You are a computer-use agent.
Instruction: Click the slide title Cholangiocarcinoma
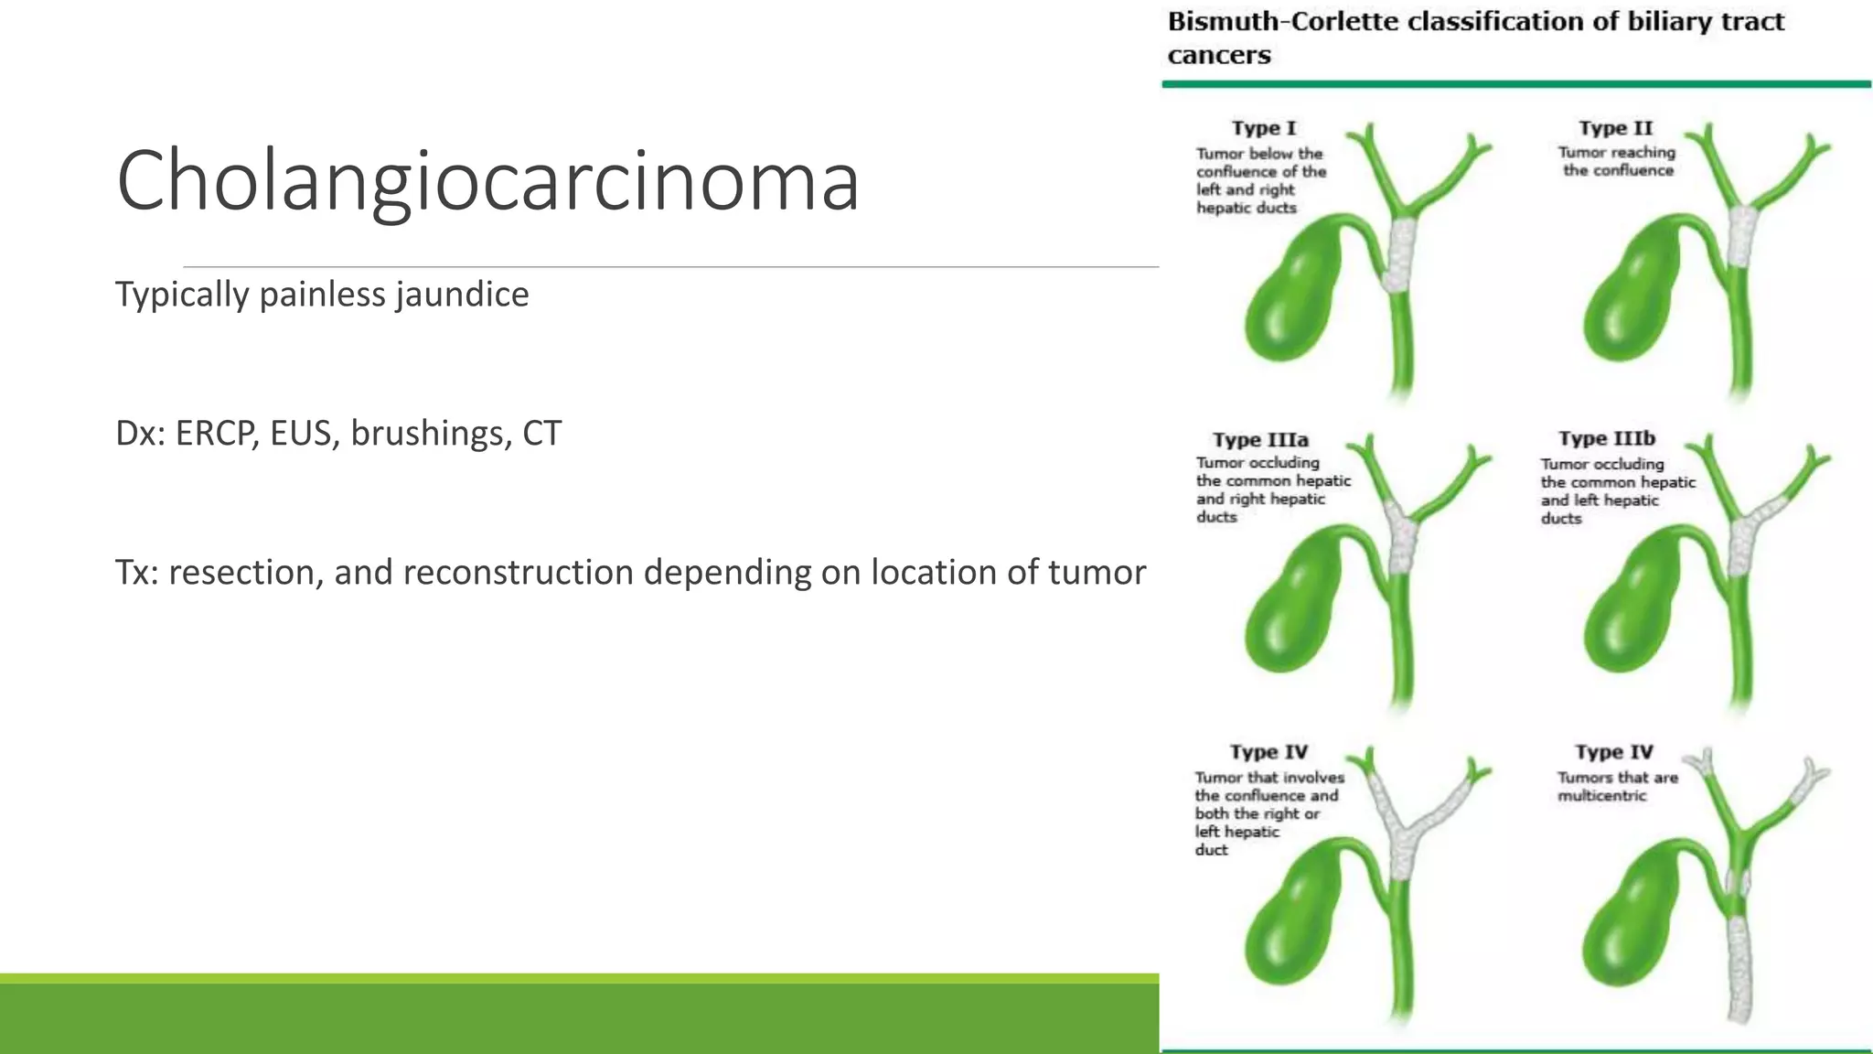point(487,181)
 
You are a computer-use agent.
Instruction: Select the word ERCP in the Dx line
point(217,434)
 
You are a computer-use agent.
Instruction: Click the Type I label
point(1263,128)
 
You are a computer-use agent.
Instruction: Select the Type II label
point(1615,128)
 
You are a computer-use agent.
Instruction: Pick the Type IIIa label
point(1260,440)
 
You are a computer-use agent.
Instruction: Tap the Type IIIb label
point(1607,438)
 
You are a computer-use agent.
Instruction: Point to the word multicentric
point(1601,796)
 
